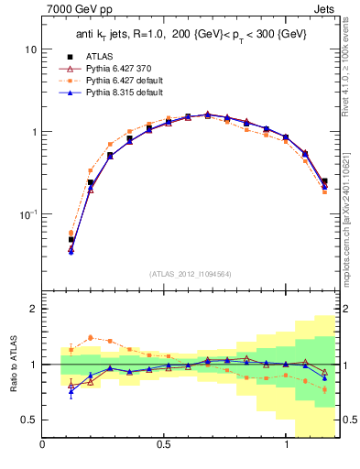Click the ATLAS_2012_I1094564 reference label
(x=191, y=274)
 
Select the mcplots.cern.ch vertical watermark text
(x=351, y=211)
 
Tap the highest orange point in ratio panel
(x=90, y=337)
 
